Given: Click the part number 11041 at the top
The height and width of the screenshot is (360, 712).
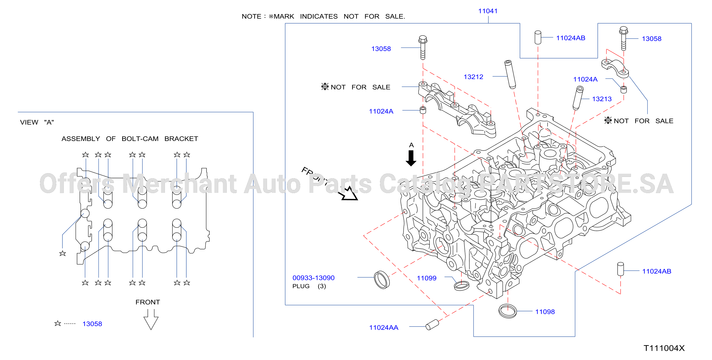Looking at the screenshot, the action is (x=488, y=11).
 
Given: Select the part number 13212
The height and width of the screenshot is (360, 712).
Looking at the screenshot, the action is (x=473, y=77).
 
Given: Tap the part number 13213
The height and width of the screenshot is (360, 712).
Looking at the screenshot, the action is (x=602, y=99).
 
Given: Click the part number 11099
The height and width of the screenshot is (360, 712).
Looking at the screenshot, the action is (x=427, y=278).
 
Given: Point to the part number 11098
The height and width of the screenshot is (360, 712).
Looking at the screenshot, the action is (x=545, y=312).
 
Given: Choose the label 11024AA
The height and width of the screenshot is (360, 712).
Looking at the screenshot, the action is (x=384, y=328).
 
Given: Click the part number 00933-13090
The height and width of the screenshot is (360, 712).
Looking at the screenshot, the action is (x=313, y=278).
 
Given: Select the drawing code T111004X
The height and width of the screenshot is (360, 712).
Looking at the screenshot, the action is (x=664, y=348).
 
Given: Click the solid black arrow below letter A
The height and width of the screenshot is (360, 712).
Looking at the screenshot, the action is (x=411, y=158).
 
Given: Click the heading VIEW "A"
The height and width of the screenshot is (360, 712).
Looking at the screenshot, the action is (x=37, y=122).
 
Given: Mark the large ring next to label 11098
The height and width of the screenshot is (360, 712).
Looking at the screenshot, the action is (x=508, y=311).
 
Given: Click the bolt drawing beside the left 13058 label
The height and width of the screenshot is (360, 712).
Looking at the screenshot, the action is (x=423, y=48).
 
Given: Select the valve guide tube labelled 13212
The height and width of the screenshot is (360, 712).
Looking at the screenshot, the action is (x=510, y=75).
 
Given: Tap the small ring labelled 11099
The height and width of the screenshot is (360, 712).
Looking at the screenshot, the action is (x=461, y=286).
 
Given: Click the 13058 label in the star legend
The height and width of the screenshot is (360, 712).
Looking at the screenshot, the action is (x=92, y=324).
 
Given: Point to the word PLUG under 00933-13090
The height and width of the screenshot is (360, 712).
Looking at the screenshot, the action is (x=301, y=286).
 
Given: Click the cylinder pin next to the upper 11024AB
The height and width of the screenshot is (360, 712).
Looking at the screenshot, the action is (x=538, y=37).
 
